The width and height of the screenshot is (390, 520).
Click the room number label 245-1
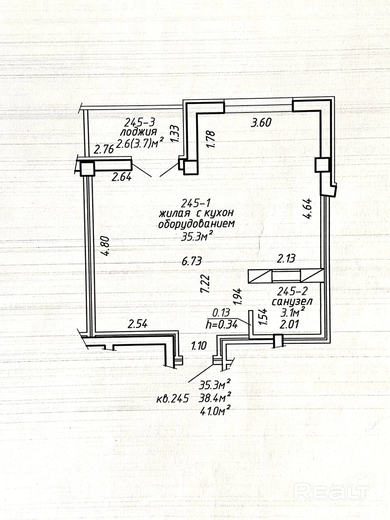[196, 203]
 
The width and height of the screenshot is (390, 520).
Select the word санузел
[292, 302]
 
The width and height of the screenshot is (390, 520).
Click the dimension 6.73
[192, 262]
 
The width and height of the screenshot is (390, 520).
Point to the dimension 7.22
[205, 284]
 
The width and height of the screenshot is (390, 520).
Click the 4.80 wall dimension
[105, 246]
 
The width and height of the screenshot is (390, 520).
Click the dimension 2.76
[105, 150]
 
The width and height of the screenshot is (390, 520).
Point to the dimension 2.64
[121, 177]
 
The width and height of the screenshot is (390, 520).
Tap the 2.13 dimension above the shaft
[286, 258]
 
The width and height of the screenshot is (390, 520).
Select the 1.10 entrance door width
[199, 345]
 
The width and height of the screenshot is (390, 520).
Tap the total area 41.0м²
[215, 411]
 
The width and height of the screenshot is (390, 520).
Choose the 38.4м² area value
[215, 398]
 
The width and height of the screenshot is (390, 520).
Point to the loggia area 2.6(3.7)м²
[140, 143]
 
